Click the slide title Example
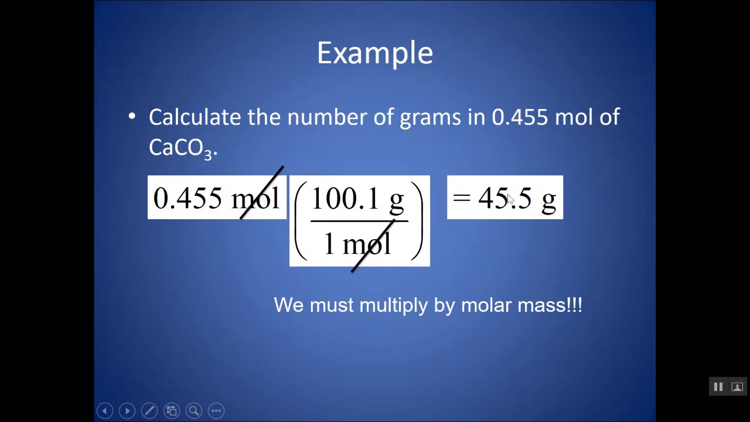(x=375, y=53)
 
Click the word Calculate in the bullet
(x=195, y=117)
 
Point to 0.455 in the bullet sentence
(x=520, y=117)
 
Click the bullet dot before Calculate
(x=132, y=117)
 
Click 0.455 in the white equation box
(x=187, y=198)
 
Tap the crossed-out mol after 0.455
(x=255, y=198)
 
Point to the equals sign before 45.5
(x=462, y=198)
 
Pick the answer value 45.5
(x=504, y=198)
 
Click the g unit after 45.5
(x=548, y=200)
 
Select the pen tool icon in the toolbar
(x=149, y=411)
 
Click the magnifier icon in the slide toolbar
(x=194, y=411)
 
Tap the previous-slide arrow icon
(x=105, y=411)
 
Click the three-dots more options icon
(x=216, y=411)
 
